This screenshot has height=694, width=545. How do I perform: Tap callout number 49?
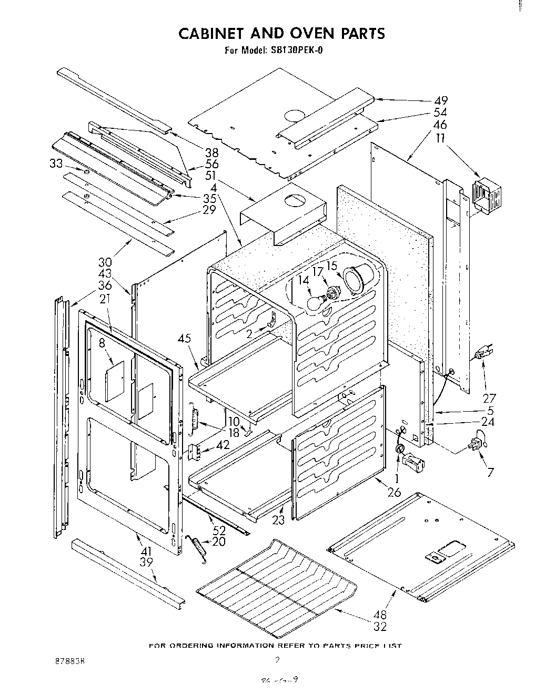click(x=441, y=100)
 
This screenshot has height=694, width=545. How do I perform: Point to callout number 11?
click(x=440, y=139)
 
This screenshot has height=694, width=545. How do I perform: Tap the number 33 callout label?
click(x=56, y=164)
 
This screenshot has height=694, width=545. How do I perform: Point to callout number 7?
click(x=490, y=472)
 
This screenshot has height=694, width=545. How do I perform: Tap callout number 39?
click(x=147, y=564)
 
